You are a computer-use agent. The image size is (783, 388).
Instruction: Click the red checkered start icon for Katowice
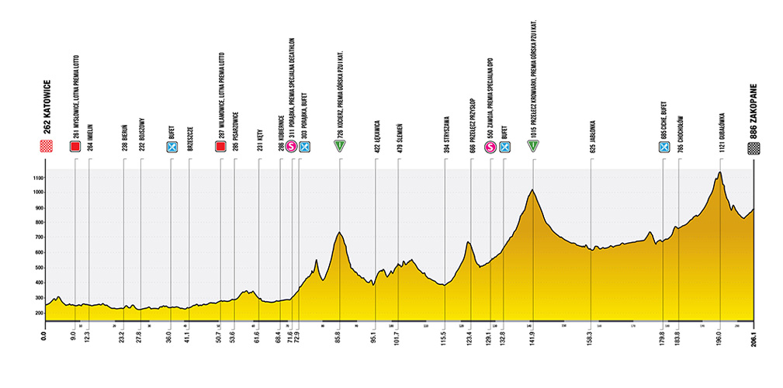pyautogui.click(x=46, y=147)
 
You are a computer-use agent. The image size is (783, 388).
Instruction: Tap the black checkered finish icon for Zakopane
pyautogui.click(x=754, y=147)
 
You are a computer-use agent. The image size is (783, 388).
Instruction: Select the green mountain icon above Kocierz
pyautogui.click(x=339, y=146)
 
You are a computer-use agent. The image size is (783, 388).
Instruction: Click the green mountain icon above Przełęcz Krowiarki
pyautogui.click(x=533, y=146)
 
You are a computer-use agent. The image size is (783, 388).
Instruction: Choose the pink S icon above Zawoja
pyautogui.click(x=490, y=146)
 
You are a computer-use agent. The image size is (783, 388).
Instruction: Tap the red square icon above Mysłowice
pyautogui.click(x=75, y=146)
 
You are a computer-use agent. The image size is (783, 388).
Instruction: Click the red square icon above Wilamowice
pyautogui.click(x=221, y=146)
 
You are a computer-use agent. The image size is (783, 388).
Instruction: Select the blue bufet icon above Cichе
pyautogui.click(x=664, y=146)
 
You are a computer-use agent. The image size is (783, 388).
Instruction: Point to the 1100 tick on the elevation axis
pyautogui.click(x=34, y=178)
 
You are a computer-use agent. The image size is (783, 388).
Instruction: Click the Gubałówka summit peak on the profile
pyautogui.click(x=720, y=172)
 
